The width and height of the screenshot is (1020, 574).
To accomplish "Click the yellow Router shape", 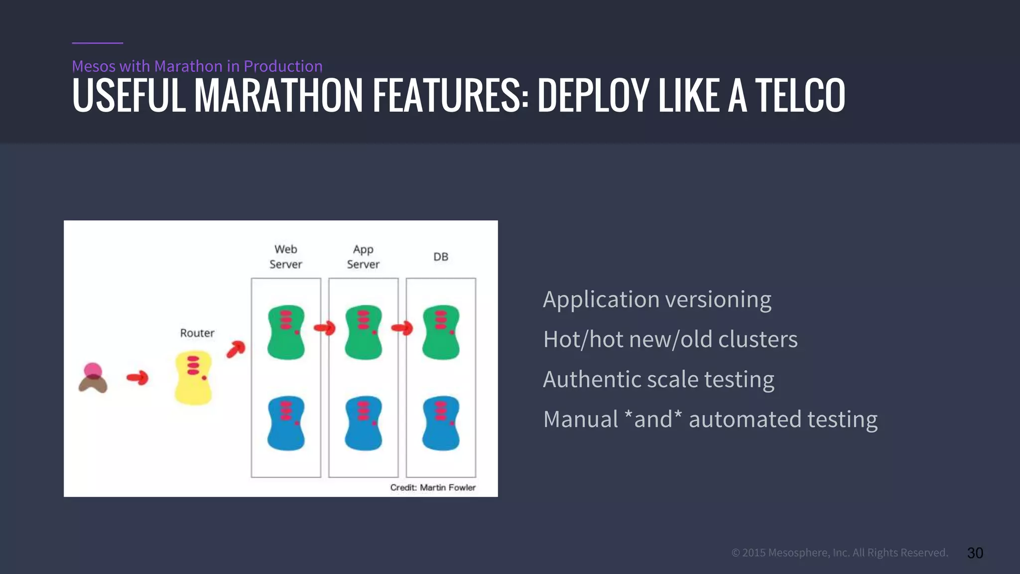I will pos(193,378).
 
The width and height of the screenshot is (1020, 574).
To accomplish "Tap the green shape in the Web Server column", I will pos(286,332).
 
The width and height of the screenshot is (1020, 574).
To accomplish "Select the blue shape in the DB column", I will pos(441,423).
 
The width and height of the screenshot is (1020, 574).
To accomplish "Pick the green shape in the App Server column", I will pos(364,332).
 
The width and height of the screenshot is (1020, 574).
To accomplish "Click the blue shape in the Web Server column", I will pos(286,423).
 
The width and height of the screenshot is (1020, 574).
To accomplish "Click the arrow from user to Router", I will pos(137,378).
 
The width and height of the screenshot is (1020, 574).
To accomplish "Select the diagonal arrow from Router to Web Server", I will pos(236,349).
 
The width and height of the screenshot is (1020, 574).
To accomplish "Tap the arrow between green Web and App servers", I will pos(325,328).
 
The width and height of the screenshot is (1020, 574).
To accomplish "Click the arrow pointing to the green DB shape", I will pos(402,328).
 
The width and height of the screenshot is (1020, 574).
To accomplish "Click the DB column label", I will pos(441,257).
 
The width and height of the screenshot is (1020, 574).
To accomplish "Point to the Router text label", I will pos(197,333).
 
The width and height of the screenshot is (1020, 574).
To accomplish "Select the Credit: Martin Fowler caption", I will pos(432,487).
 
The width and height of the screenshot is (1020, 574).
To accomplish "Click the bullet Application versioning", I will pos(657,300).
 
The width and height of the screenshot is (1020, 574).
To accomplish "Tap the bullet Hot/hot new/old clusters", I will pos(670,340).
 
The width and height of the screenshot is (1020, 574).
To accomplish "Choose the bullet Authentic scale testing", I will pos(658,380).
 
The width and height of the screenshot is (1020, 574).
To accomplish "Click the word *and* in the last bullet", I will pos(653,419).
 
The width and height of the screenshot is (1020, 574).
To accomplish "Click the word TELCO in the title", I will pos(800,96).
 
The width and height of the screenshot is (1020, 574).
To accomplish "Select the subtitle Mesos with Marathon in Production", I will pos(197,66).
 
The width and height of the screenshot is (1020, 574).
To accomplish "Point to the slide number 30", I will pos(975,553).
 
